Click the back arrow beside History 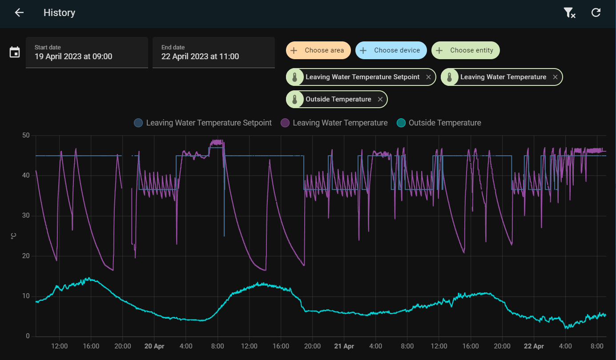[x=19, y=12]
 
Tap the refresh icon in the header [x=596, y=12]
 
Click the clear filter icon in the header [x=569, y=12]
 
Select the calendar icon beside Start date [x=15, y=52]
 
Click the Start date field [x=87, y=53]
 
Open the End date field [x=213, y=53]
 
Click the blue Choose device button [x=391, y=50]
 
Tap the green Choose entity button [x=466, y=50]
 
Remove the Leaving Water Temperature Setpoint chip [x=428, y=77]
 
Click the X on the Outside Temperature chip [x=380, y=99]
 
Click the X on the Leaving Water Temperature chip [x=555, y=77]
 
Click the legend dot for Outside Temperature [x=401, y=123]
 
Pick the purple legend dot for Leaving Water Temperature [x=285, y=123]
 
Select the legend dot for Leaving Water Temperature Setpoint [x=138, y=123]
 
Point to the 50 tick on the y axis [x=26, y=135]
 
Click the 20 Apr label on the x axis [x=154, y=346]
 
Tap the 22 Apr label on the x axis [x=534, y=346]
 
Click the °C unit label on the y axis [x=13, y=236]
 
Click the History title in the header [x=60, y=12]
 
